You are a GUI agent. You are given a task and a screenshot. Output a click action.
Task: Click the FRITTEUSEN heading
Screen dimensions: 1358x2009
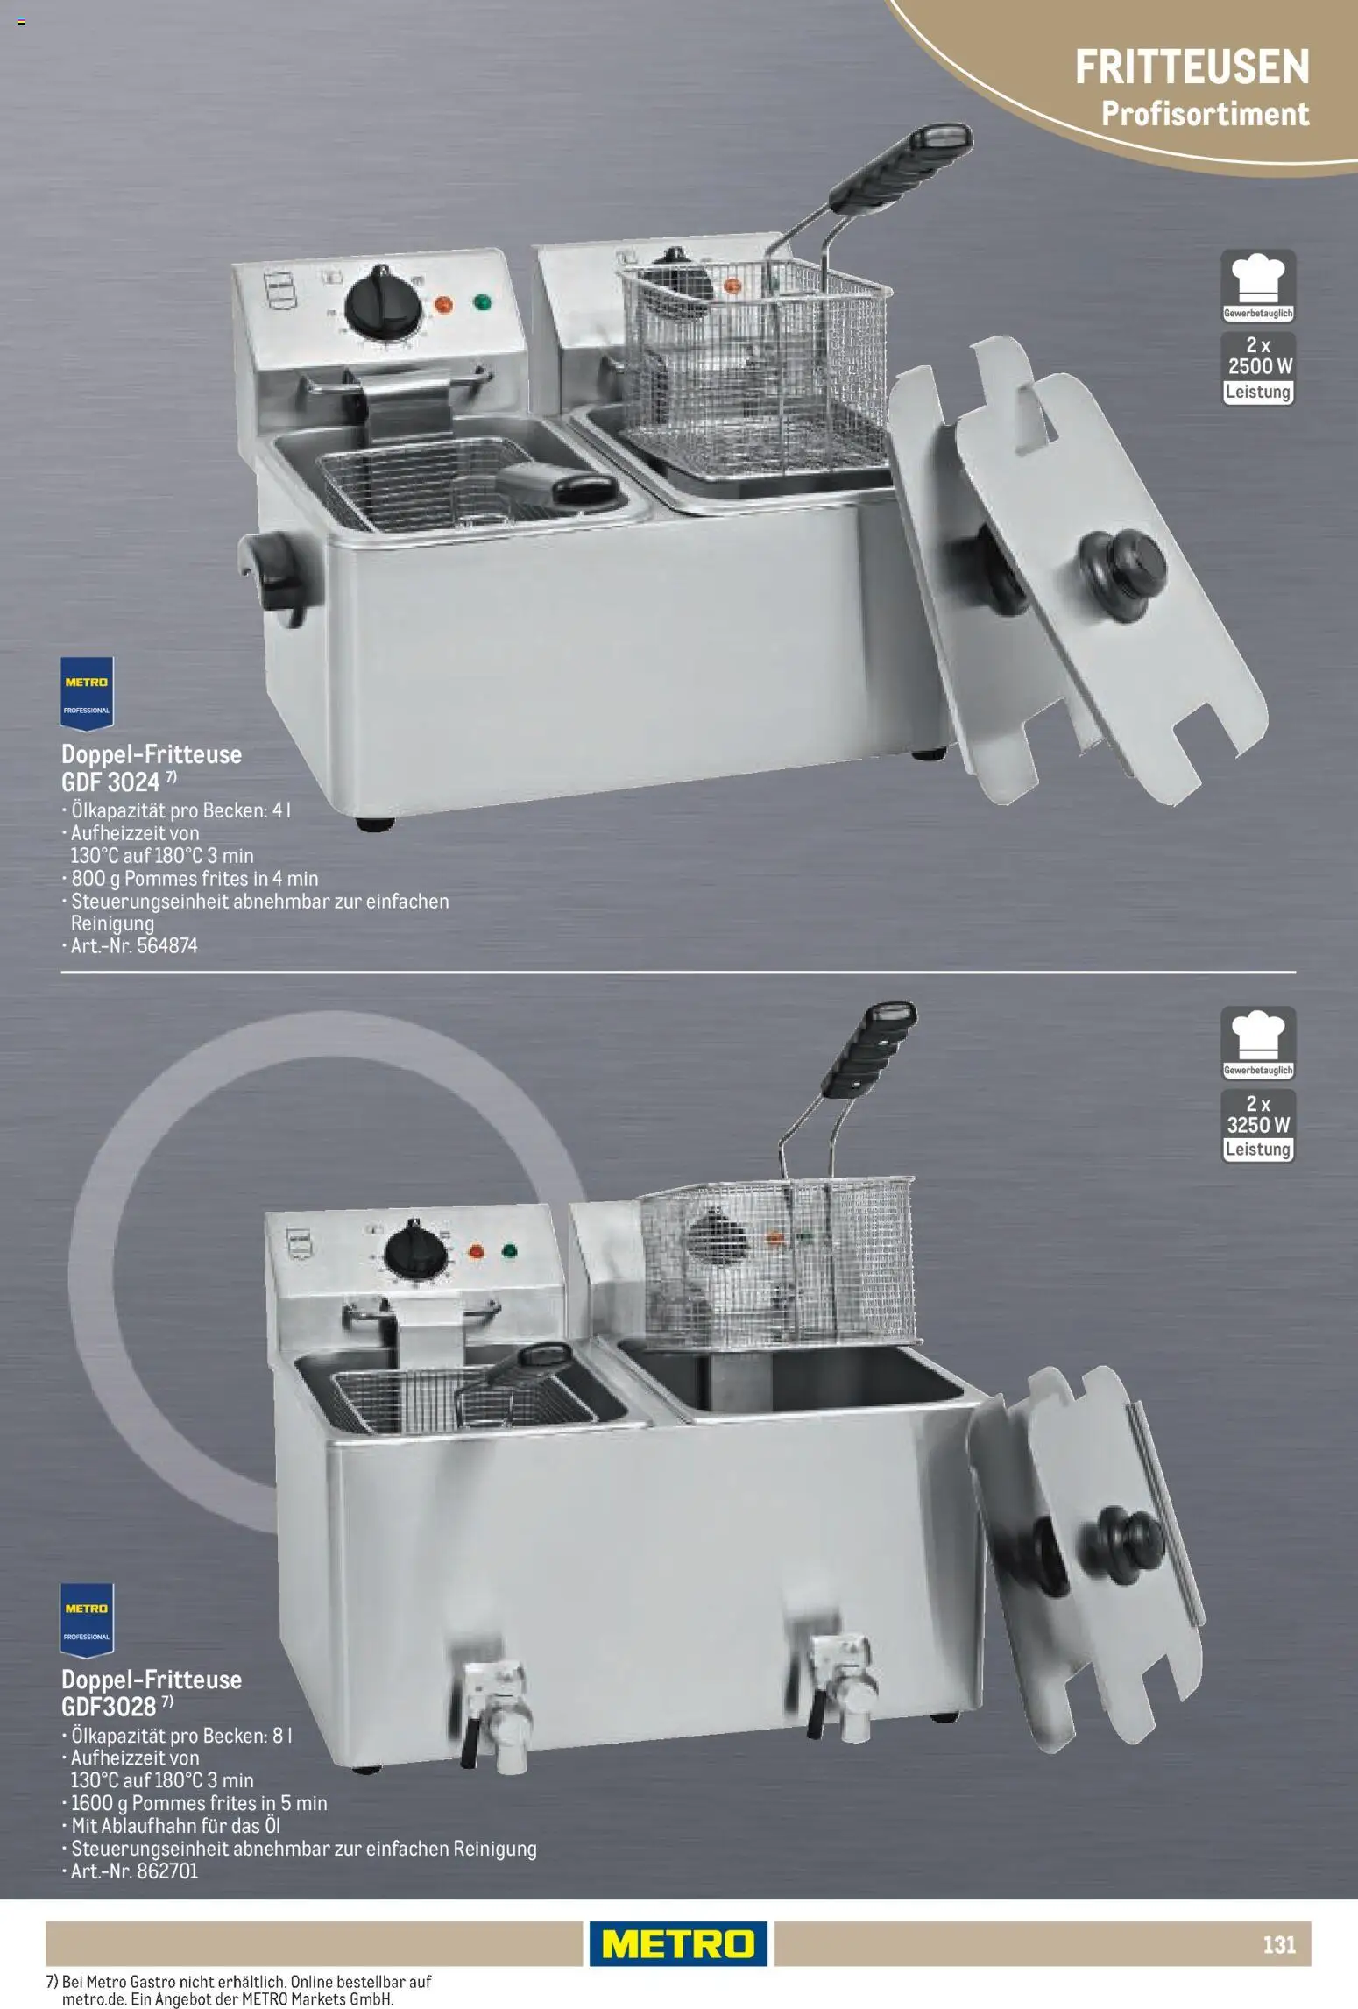pyautogui.click(x=1192, y=67)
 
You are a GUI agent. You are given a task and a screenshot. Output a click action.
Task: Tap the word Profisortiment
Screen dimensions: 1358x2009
pyautogui.click(x=1205, y=114)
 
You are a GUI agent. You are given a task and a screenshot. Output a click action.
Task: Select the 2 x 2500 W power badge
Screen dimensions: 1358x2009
pyautogui.click(x=1259, y=368)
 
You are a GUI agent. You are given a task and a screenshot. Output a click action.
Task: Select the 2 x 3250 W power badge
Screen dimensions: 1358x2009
pyautogui.click(x=1259, y=1126)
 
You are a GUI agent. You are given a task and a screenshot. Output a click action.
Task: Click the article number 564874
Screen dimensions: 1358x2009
pyautogui.click(x=166, y=946)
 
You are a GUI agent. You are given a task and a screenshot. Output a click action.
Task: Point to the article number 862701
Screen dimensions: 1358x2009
pyautogui.click(x=167, y=1871)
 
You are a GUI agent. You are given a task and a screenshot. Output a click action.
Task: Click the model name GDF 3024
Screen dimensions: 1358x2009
pyautogui.click(x=110, y=782)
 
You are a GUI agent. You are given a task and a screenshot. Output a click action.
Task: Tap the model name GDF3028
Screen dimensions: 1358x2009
pyautogui.click(x=109, y=1707)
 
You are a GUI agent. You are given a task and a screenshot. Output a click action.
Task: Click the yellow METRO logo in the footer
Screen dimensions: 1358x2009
pyautogui.click(x=678, y=1943)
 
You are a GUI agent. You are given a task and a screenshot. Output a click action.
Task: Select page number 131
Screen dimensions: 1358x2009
pyautogui.click(x=1279, y=1944)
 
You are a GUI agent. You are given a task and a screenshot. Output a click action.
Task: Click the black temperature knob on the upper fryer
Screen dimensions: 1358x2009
pyautogui.click(x=383, y=301)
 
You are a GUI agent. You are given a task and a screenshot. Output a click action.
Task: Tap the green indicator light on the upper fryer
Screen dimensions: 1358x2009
pyautogui.click(x=482, y=303)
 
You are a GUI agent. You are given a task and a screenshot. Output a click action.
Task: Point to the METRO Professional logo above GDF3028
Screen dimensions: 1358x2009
pyautogui.click(x=87, y=1621)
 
